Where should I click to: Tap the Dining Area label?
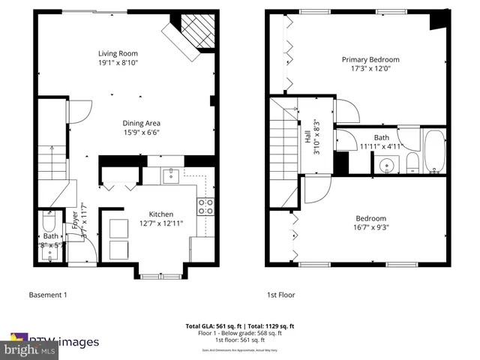142,123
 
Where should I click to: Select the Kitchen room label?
161,213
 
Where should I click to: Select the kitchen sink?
170,175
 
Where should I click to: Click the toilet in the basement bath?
49,223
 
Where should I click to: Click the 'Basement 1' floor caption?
47,295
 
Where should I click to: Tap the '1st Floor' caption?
282,295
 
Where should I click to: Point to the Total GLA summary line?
240,326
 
